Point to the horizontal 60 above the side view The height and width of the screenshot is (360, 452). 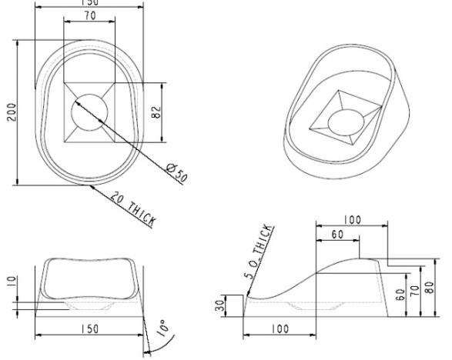pyautogui.click(x=337, y=235)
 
